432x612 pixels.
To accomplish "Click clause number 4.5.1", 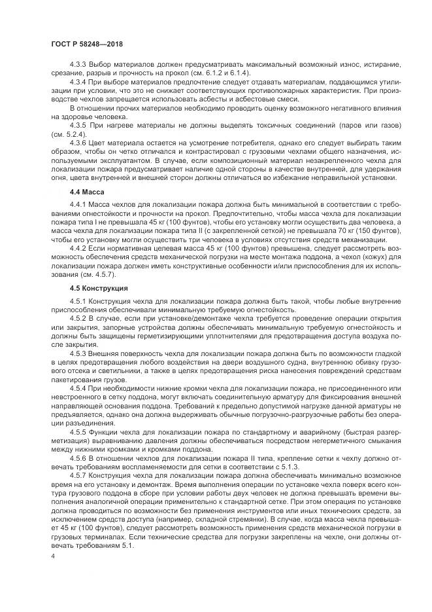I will click(80, 301).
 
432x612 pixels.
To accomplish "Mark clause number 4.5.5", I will click(80, 431).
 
